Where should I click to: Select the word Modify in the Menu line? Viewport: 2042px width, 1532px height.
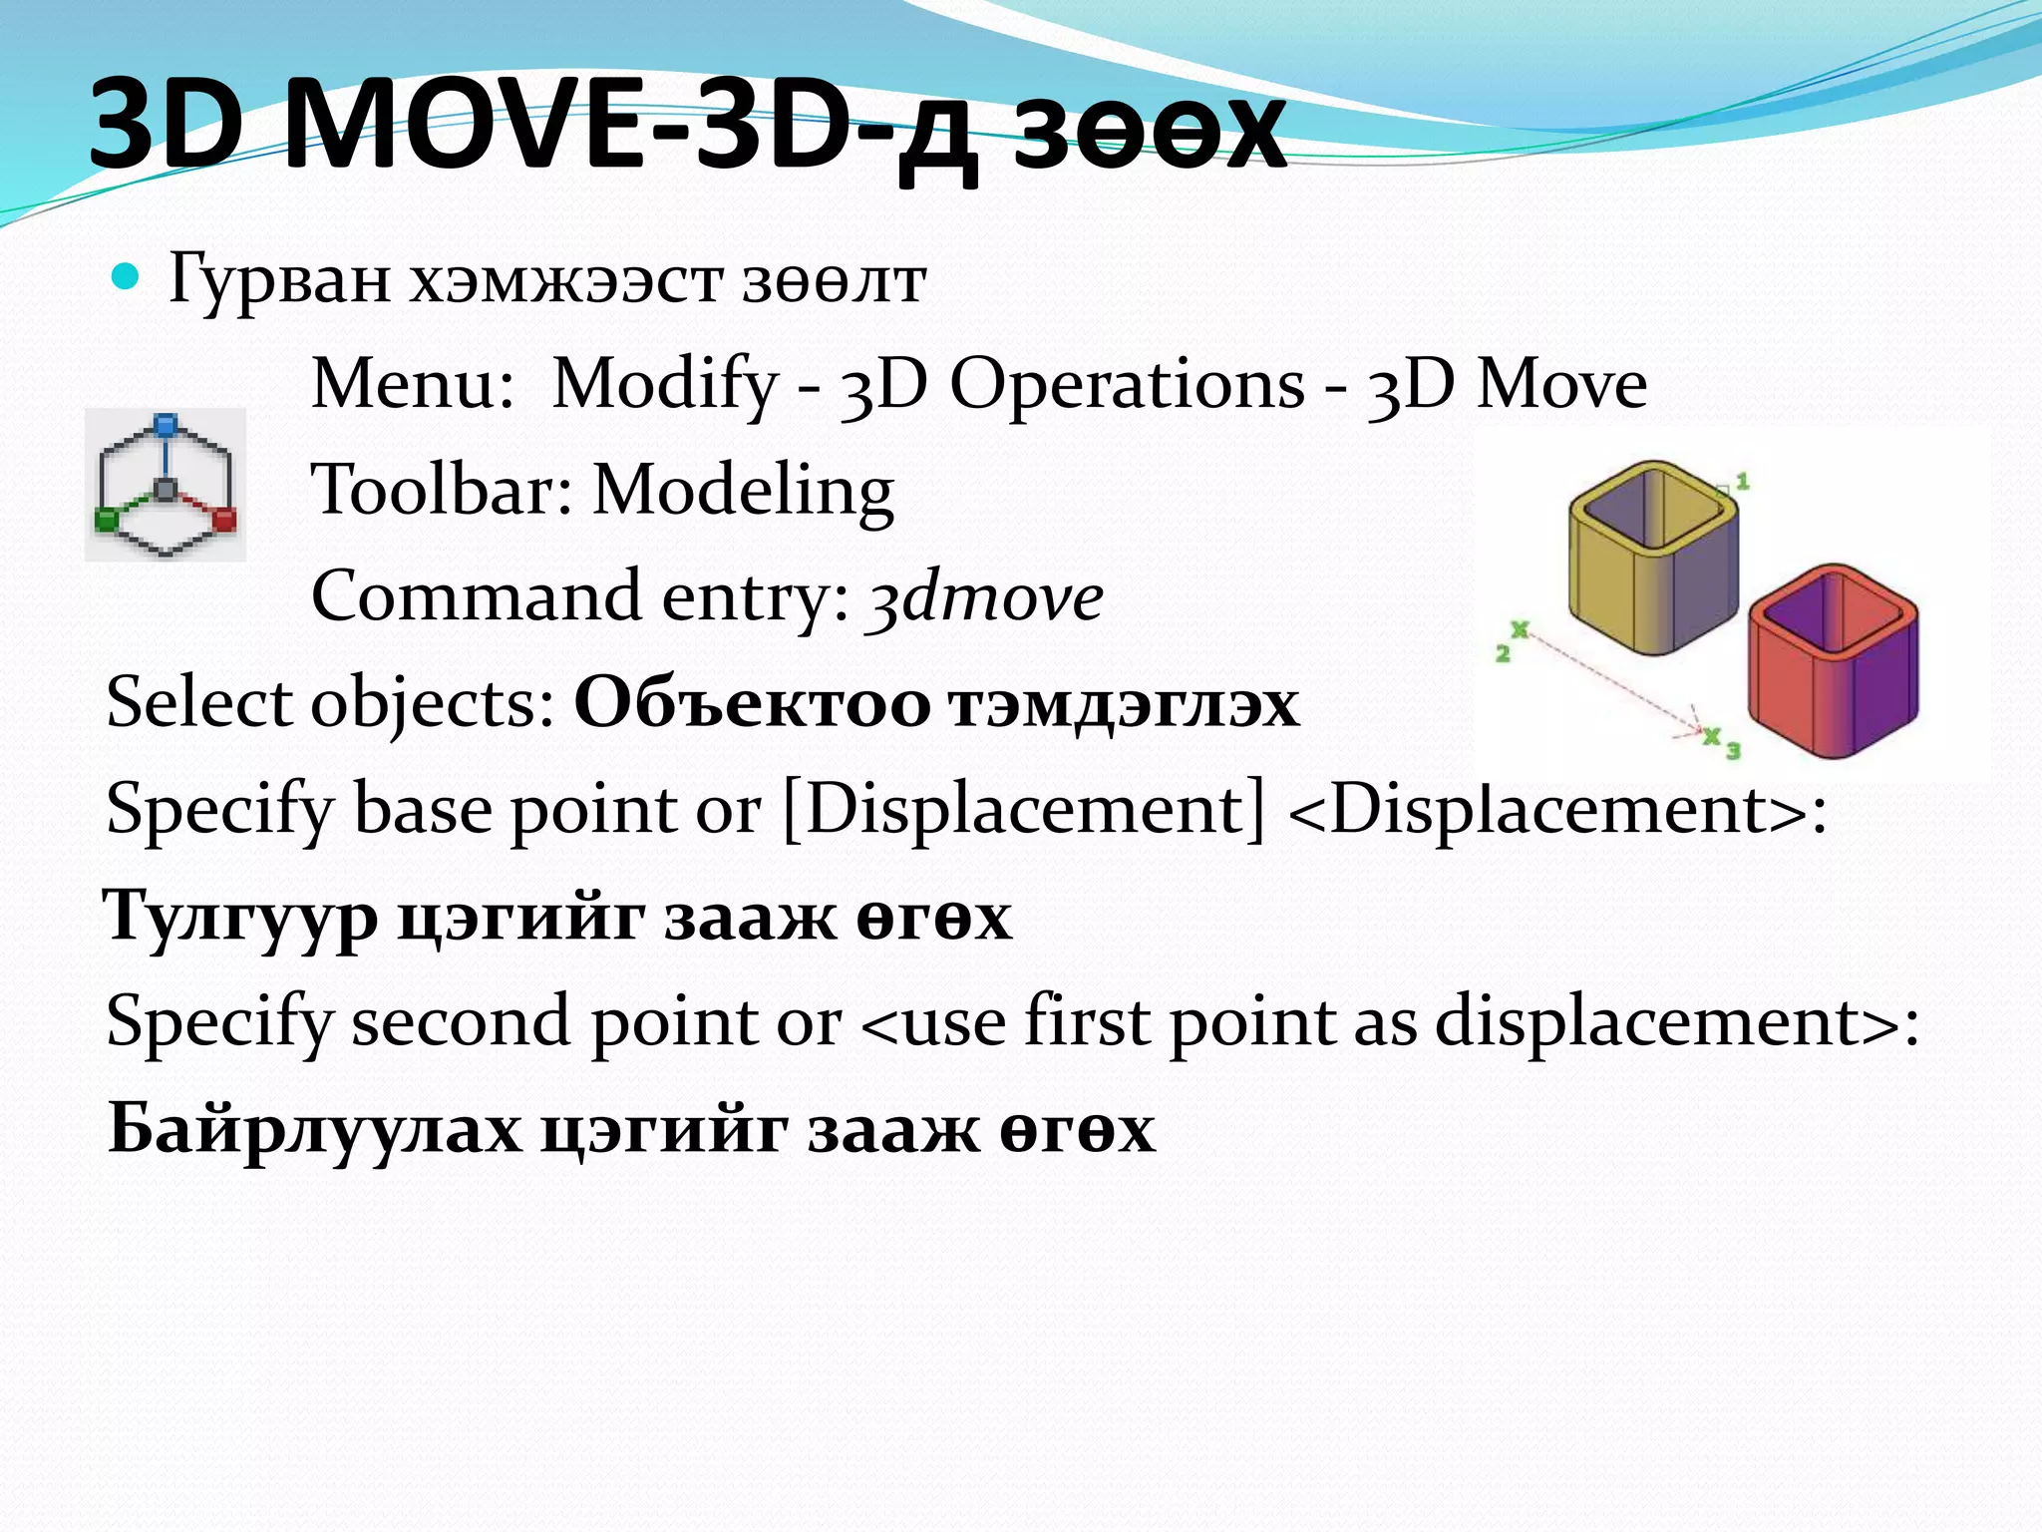664,385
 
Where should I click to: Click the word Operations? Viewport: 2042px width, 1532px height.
1126,385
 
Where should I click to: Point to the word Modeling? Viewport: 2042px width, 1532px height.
743,491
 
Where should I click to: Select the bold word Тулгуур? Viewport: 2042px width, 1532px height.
240,916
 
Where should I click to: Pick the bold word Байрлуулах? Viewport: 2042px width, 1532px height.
314,1129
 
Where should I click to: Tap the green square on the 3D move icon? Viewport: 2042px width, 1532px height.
106,519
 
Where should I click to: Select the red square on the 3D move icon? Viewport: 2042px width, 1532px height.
225,519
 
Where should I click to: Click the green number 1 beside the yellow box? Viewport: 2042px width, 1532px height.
1743,482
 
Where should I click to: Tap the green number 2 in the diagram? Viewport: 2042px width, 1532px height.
1503,654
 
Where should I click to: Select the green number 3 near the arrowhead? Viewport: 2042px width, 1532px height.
1733,750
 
